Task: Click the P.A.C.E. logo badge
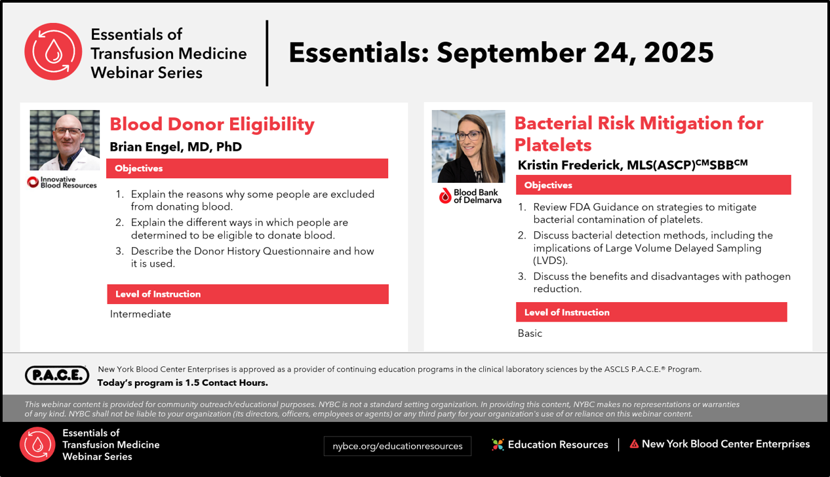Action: tap(57, 375)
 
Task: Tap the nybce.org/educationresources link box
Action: tap(397, 446)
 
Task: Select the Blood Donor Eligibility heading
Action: tap(212, 124)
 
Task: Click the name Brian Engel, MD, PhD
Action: tap(176, 147)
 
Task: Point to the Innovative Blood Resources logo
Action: tap(62, 182)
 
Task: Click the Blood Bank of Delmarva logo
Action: tap(470, 197)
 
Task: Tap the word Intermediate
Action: tap(140, 314)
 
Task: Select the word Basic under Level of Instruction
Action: tap(530, 334)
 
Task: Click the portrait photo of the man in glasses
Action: tap(65, 140)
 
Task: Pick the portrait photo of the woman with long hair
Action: tap(468, 146)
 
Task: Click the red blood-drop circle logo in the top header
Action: tap(53, 52)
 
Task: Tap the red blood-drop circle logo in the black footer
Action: tap(37, 444)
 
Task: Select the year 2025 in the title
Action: tap(679, 52)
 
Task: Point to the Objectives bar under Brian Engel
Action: tap(247, 168)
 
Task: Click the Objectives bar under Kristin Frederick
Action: tap(654, 185)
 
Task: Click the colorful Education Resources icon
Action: tap(498, 444)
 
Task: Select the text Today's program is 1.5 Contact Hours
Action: tap(183, 383)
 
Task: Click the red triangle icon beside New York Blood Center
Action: tap(634, 444)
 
